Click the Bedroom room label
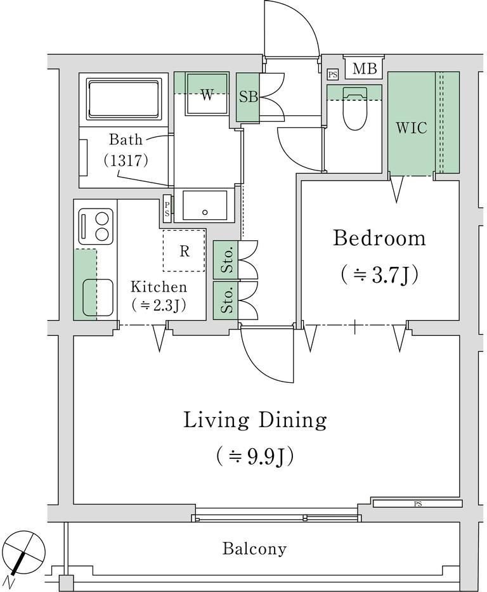[x=379, y=239]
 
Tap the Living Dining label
[x=255, y=420]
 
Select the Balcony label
[x=254, y=548]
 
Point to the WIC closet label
[x=412, y=128]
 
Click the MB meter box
[x=365, y=68]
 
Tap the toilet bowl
[x=354, y=108]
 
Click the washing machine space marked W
[x=207, y=94]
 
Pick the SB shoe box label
[x=248, y=97]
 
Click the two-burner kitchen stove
[x=96, y=226]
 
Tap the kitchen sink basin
[x=98, y=297]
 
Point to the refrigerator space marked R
[x=184, y=250]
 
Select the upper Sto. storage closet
[x=226, y=260]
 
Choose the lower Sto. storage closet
[x=226, y=300]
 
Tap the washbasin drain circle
[x=205, y=212]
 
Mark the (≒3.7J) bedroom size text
[x=379, y=275]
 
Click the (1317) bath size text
[x=126, y=161]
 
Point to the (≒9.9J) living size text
[x=255, y=456]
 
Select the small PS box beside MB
[x=332, y=75]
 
